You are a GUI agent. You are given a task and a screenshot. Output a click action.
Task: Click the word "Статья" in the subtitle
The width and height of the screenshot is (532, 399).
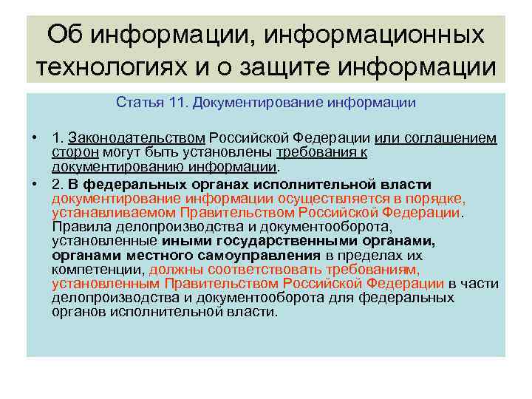137,103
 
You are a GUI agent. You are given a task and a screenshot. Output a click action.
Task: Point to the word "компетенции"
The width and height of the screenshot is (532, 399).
98,269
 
